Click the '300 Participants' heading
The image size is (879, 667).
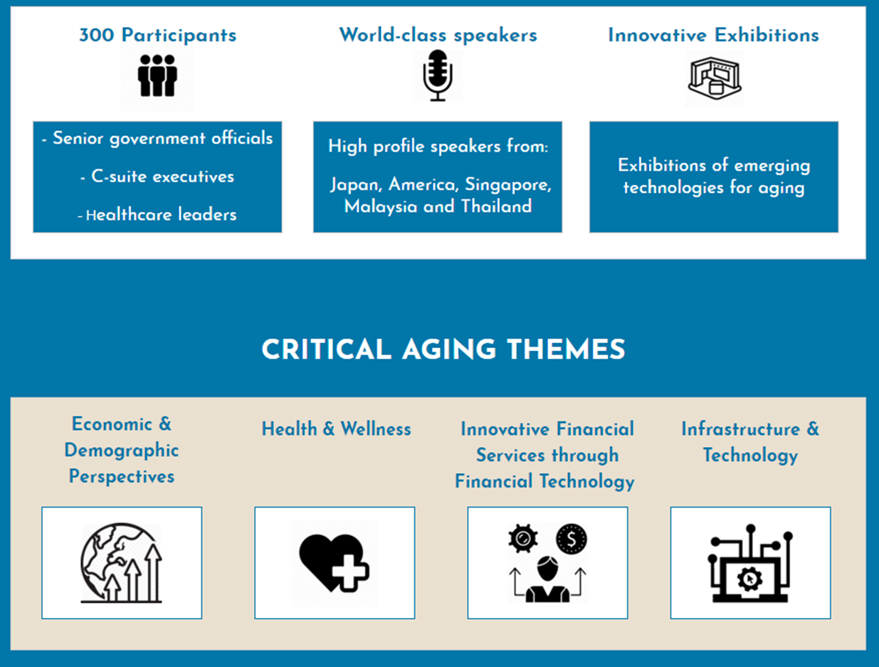[157, 35]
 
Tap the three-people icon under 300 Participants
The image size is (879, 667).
[157, 75]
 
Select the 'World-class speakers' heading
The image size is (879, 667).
[438, 35]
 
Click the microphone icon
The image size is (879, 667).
[438, 75]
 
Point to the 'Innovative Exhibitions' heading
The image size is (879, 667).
[713, 35]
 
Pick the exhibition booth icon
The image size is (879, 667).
[713, 79]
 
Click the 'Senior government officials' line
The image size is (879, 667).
[157, 138]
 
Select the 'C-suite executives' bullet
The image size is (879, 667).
[157, 177]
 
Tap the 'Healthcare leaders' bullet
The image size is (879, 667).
[157, 214]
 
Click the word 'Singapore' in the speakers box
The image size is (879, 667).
[508, 185]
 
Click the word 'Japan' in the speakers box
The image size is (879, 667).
[355, 185]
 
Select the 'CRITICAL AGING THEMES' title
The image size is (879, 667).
[443, 350]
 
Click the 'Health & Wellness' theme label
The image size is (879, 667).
[336, 429]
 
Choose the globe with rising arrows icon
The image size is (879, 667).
[122, 563]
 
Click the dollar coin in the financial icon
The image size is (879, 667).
[572, 539]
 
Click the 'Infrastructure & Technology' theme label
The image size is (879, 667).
[750, 442]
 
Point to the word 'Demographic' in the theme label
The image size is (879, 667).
[122, 451]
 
